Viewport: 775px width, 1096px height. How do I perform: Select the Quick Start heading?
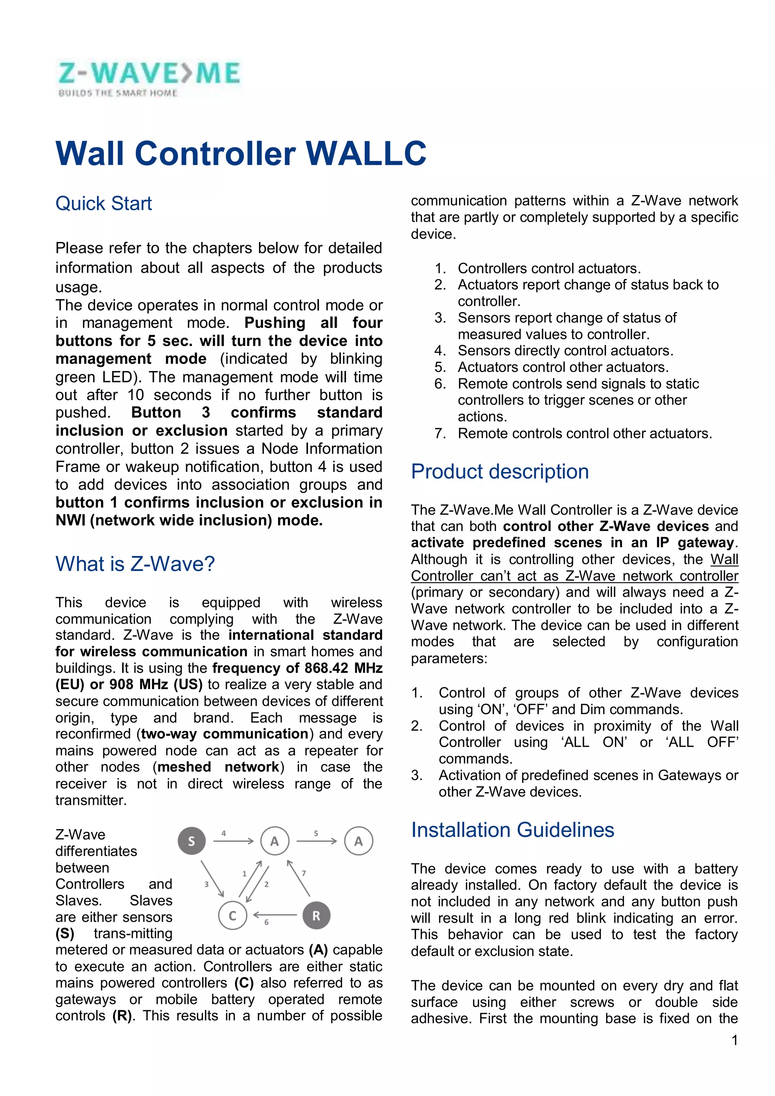click(x=104, y=203)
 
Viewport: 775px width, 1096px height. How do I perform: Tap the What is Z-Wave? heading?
click(x=135, y=564)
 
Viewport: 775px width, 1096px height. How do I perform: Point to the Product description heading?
click(x=500, y=472)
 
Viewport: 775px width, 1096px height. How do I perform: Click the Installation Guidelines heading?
click(x=512, y=830)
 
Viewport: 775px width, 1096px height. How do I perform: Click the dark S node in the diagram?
click(x=191, y=841)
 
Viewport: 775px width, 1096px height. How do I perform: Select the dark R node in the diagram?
click(x=316, y=916)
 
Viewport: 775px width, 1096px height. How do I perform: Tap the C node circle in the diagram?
click(x=233, y=916)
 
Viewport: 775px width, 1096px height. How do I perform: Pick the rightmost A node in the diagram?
click(x=358, y=841)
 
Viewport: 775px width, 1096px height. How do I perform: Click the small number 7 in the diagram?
click(x=304, y=873)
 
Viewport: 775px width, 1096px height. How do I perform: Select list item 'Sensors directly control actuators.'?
click(x=565, y=350)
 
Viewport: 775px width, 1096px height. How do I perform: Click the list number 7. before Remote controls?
click(x=440, y=433)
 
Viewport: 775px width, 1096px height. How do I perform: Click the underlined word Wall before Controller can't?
click(x=724, y=559)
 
